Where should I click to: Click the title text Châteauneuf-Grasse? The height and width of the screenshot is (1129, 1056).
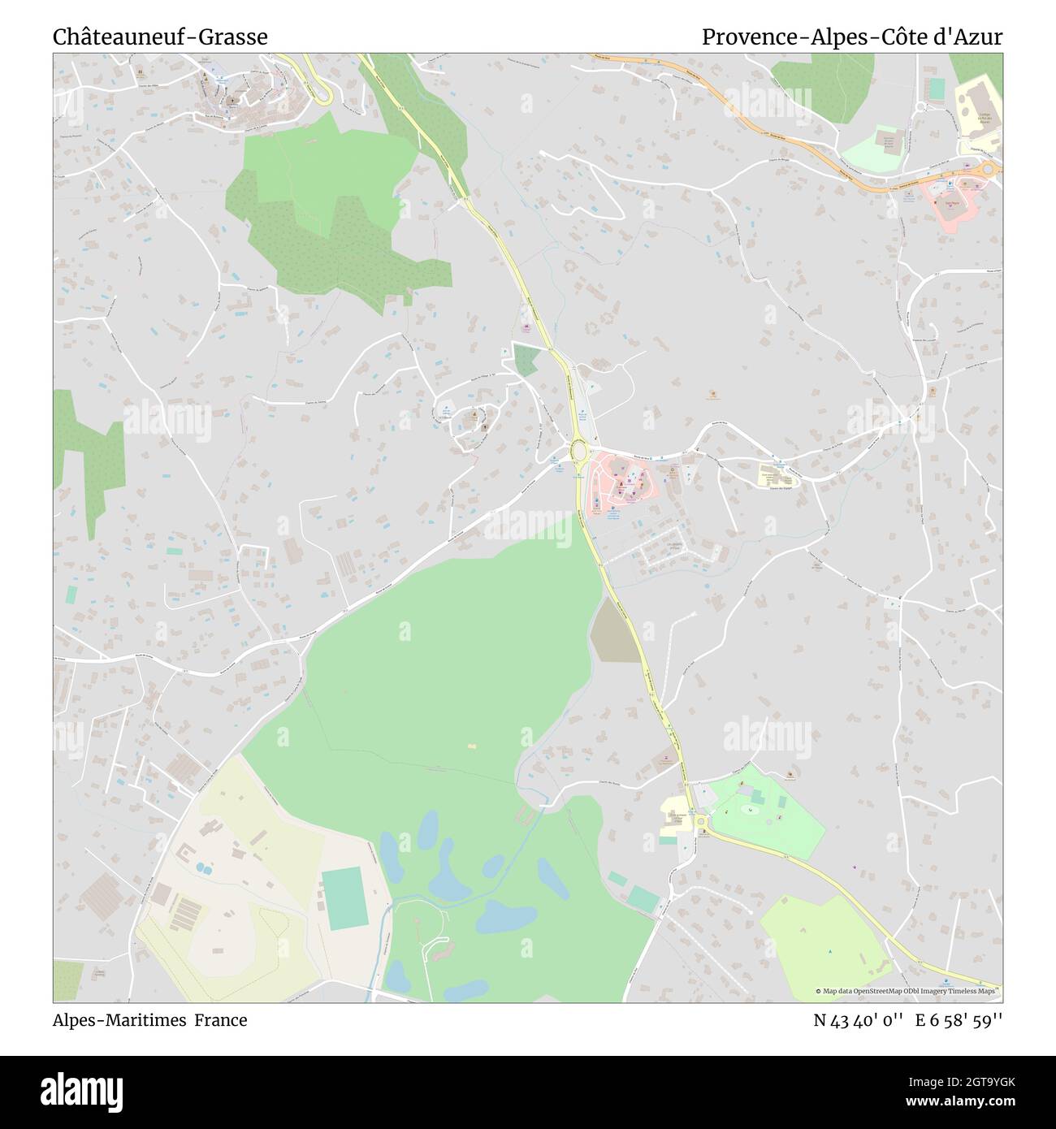pos(160,37)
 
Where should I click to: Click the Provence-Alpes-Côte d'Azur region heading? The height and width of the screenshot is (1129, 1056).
pos(852,37)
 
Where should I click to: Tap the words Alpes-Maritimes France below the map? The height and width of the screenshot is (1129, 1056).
pos(150,1020)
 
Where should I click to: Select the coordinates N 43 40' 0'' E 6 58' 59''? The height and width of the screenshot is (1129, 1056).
pos(908,1020)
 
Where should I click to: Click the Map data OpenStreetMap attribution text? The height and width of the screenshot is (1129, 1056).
pos(908,991)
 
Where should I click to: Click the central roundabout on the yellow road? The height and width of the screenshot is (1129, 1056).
pos(578,449)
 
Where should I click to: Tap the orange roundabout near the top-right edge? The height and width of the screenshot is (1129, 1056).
pos(989,169)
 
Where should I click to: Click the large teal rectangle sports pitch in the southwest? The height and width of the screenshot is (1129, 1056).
pos(346,898)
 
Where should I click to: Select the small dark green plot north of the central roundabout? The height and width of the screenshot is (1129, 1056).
pos(526,359)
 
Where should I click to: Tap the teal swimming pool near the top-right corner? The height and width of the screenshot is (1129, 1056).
pos(937,89)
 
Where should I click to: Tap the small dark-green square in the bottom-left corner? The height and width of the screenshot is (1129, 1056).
pos(67,981)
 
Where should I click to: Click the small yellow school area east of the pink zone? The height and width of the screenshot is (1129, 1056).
pos(777,475)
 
